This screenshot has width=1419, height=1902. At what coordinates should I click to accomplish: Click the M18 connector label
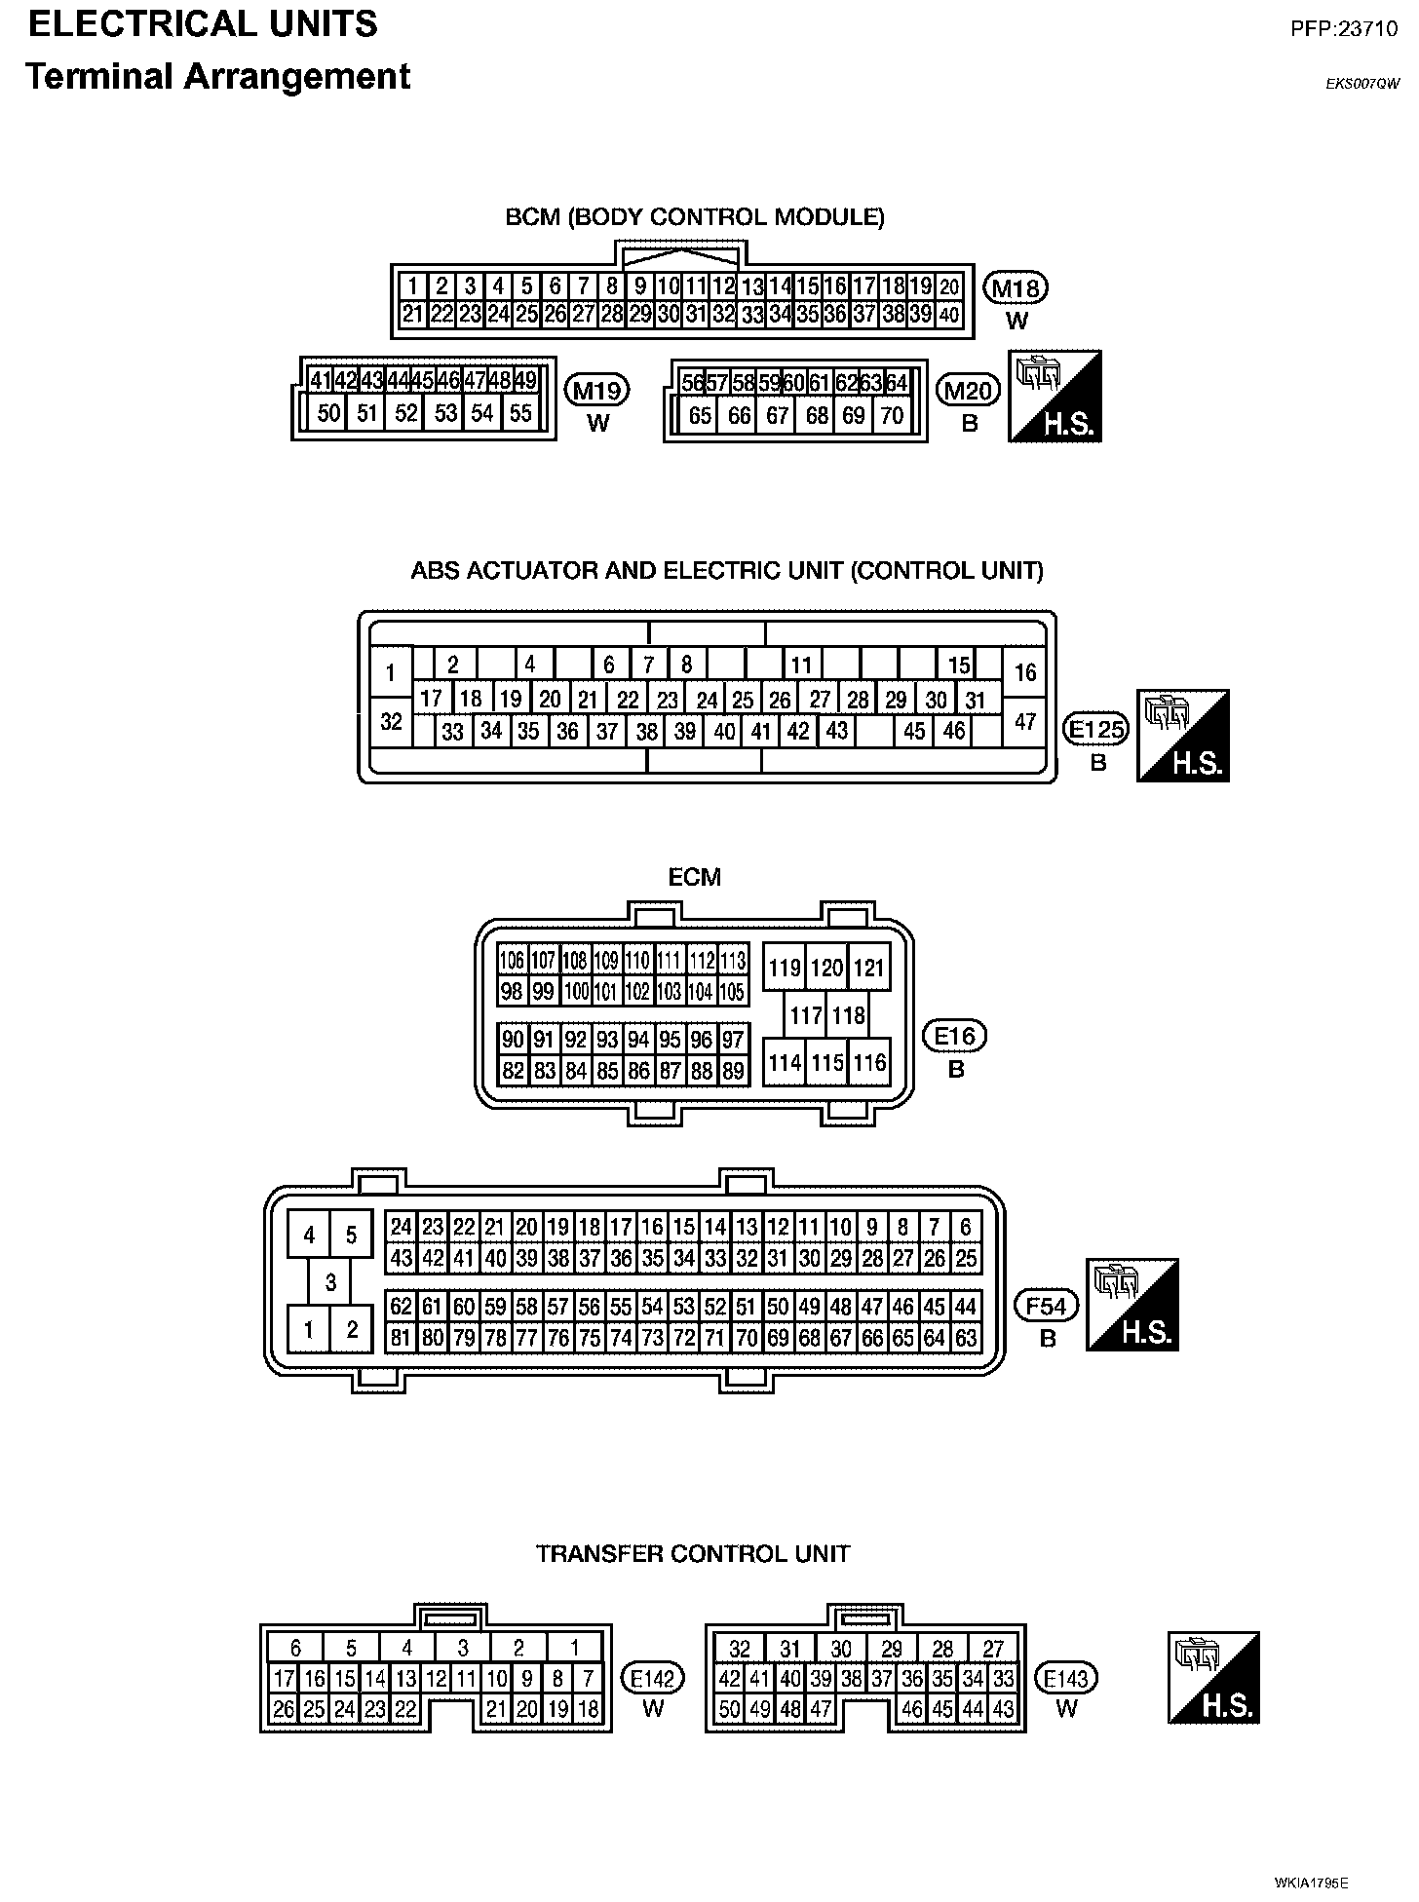tap(1016, 287)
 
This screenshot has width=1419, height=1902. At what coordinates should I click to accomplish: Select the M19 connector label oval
tap(597, 391)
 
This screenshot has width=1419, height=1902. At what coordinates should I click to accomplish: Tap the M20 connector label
tap(969, 391)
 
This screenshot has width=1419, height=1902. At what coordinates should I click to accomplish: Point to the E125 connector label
tap(1097, 730)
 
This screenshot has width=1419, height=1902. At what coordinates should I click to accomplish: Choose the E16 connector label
tap(955, 1036)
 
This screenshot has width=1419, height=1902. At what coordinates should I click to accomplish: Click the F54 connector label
tap(1048, 1305)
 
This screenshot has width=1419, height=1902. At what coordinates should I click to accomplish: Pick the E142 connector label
tap(653, 1678)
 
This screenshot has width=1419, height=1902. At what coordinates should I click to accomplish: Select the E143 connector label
tap(1066, 1678)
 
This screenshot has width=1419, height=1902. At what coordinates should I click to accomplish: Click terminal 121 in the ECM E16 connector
tap(867, 968)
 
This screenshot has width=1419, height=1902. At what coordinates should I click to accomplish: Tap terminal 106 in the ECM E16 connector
tap(512, 961)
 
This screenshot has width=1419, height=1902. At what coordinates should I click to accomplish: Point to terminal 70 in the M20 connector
tap(891, 415)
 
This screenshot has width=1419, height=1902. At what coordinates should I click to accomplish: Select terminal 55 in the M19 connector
tap(521, 413)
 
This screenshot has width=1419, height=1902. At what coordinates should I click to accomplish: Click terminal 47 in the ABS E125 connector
tap(1025, 722)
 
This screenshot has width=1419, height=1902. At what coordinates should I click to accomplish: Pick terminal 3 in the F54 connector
tap(330, 1281)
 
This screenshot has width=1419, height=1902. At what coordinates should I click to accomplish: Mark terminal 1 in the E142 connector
tap(575, 1648)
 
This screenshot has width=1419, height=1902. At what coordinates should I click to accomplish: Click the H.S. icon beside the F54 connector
tap(1132, 1305)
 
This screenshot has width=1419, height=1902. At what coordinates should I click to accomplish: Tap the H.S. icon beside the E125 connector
tap(1183, 736)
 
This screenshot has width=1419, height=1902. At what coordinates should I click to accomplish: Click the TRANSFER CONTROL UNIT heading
tap(693, 1553)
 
